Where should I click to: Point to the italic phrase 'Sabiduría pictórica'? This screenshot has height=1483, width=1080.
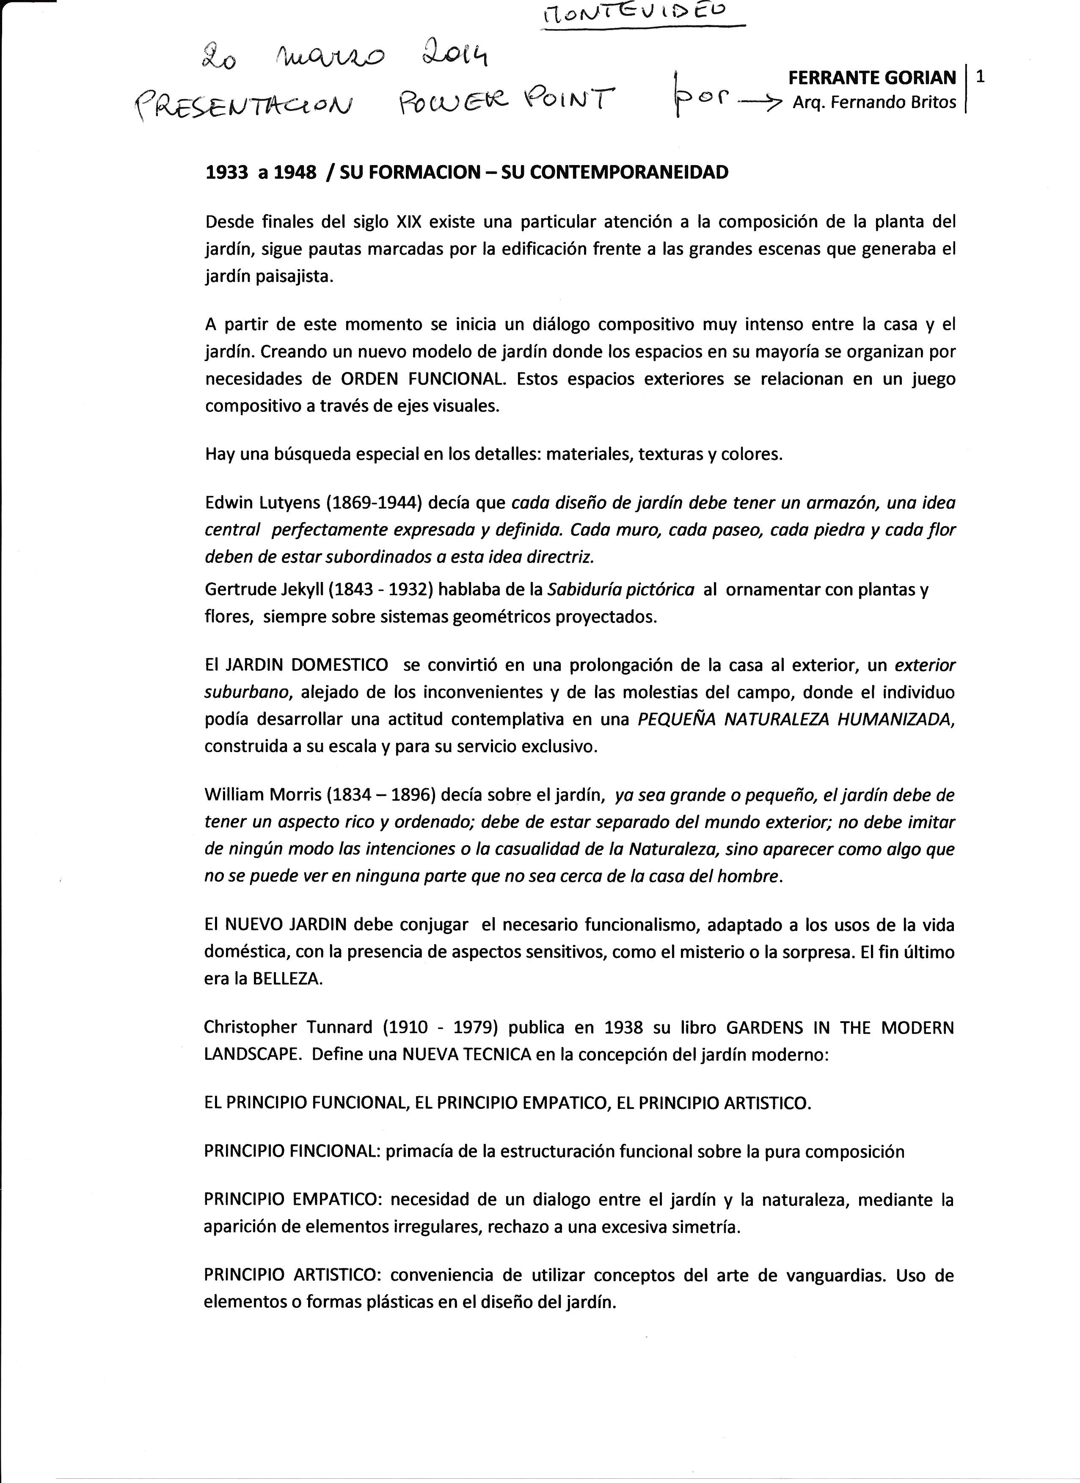click(x=620, y=590)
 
